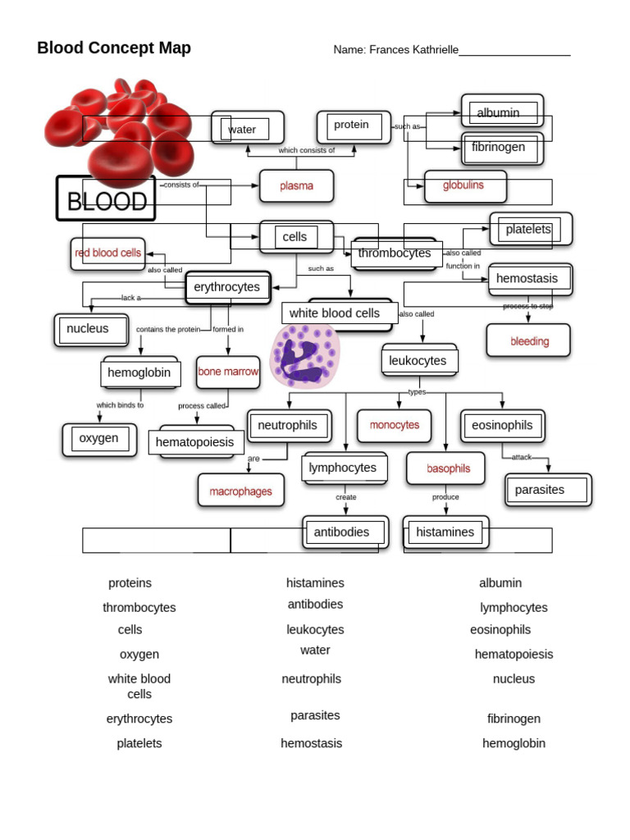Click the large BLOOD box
(x=106, y=199)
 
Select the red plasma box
(x=296, y=186)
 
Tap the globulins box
(x=464, y=186)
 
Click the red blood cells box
(x=108, y=253)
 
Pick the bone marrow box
(x=228, y=372)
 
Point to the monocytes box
(x=395, y=425)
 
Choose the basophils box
(x=448, y=468)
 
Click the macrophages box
(x=240, y=491)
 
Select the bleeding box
(x=529, y=341)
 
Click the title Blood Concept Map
(x=114, y=48)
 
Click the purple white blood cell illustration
(x=304, y=355)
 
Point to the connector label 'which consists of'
(x=306, y=150)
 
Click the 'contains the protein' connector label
(x=168, y=330)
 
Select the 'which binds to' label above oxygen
(x=120, y=405)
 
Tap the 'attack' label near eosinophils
(x=522, y=457)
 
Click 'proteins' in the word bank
(x=130, y=583)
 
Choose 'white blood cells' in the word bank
(x=139, y=686)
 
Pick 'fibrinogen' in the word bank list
(x=514, y=719)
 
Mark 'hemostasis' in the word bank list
(x=312, y=743)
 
